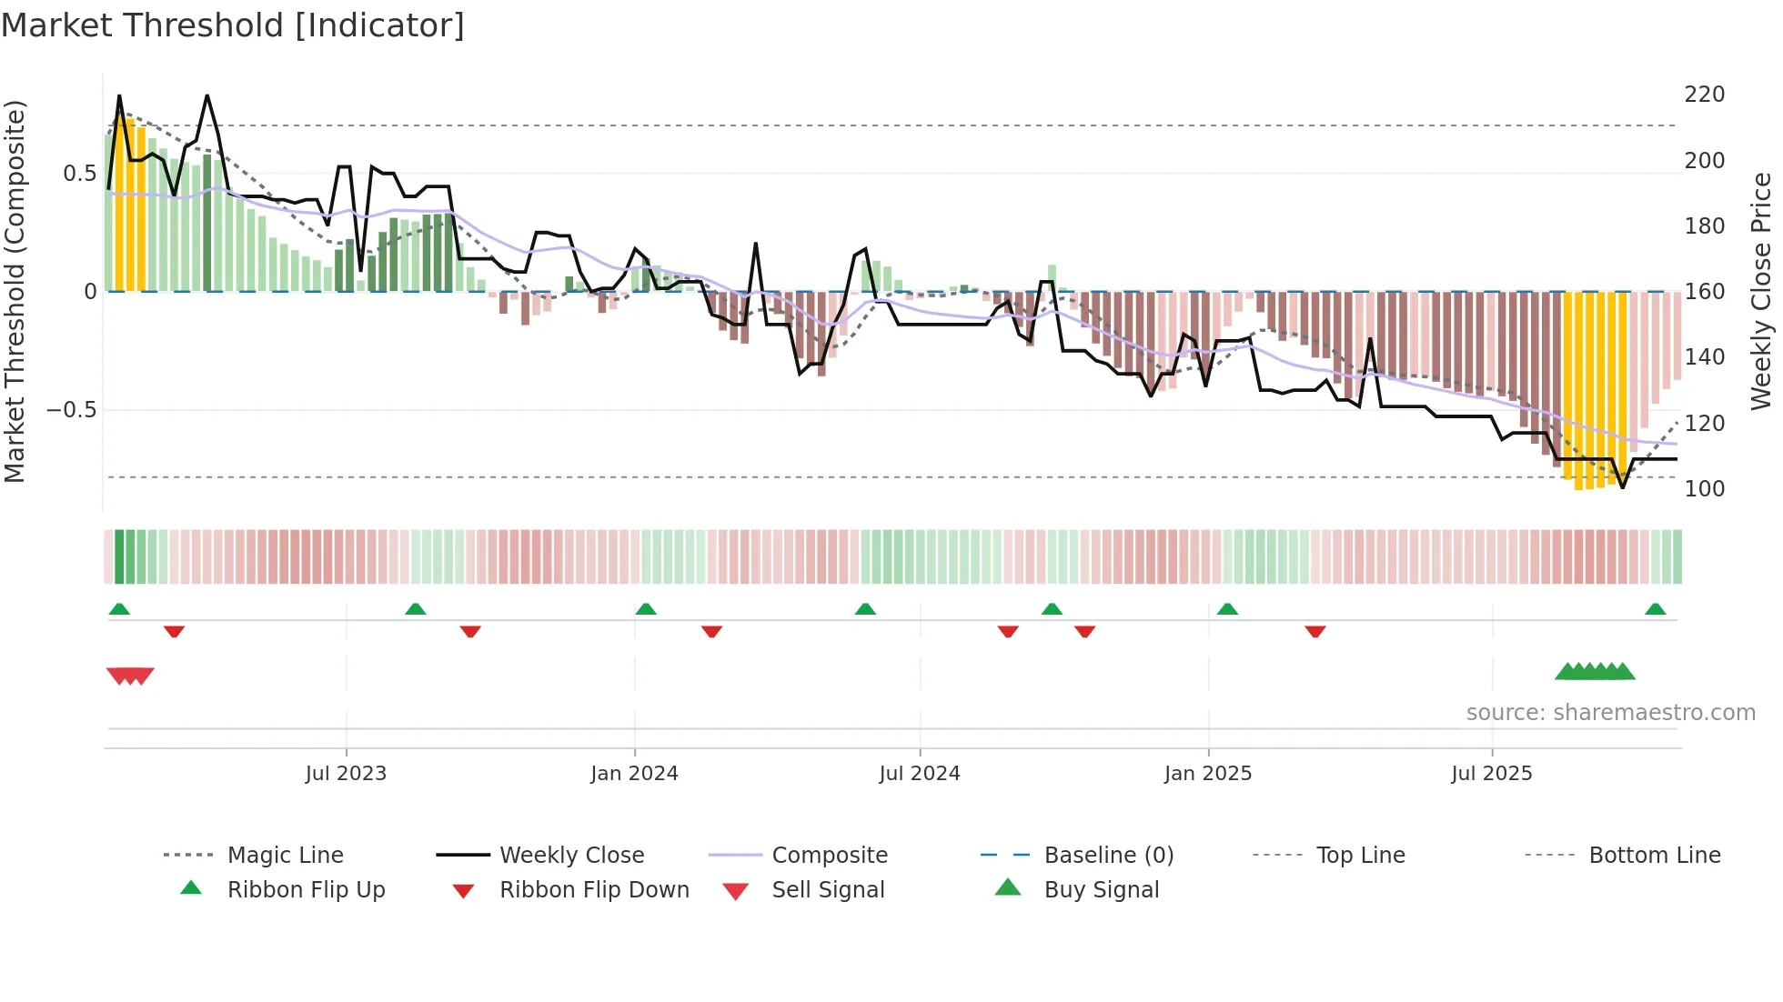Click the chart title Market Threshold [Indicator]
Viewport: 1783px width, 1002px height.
click(x=233, y=25)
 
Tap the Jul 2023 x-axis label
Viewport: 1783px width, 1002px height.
click(x=346, y=774)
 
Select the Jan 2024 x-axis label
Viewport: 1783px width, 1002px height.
click(x=634, y=774)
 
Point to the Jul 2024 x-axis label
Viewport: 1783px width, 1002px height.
click(x=919, y=774)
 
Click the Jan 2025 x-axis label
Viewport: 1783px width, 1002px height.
click(x=1207, y=774)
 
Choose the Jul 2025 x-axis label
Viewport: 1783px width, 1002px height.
click(x=1491, y=774)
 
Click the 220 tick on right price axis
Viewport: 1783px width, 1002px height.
click(x=1704, y=95)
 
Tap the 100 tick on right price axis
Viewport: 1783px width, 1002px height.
click(x=1704, y=489)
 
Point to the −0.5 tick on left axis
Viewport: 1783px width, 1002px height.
click(x=71, y=410)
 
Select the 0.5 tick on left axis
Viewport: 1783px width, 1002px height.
click(x=79, y=174)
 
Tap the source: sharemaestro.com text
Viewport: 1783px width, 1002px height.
click(x=1610, y=713)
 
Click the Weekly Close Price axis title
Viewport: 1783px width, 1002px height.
click(x=1761, y=291)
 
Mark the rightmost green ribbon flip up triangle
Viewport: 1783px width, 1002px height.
click(x=1655, y=609)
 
